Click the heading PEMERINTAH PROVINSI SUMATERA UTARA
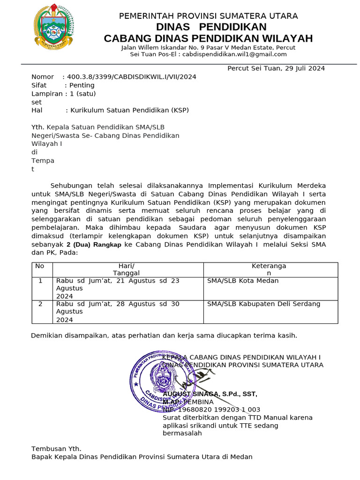[x=208, y=16]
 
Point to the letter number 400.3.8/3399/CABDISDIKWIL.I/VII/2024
[x=132, y=77]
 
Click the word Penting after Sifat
[x=82, y=85]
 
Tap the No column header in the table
[x=40, y=266]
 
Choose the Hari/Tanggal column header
[x=127, y=270]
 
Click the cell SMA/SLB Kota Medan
[x=243, y=281]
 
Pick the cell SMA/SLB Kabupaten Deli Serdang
[x=264, y=304]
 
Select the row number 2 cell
[x=40, y=304]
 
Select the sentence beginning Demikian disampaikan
[x=164, y=336]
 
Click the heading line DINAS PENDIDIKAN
[x=211, y=27]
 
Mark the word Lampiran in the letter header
[x=47, y=94]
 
